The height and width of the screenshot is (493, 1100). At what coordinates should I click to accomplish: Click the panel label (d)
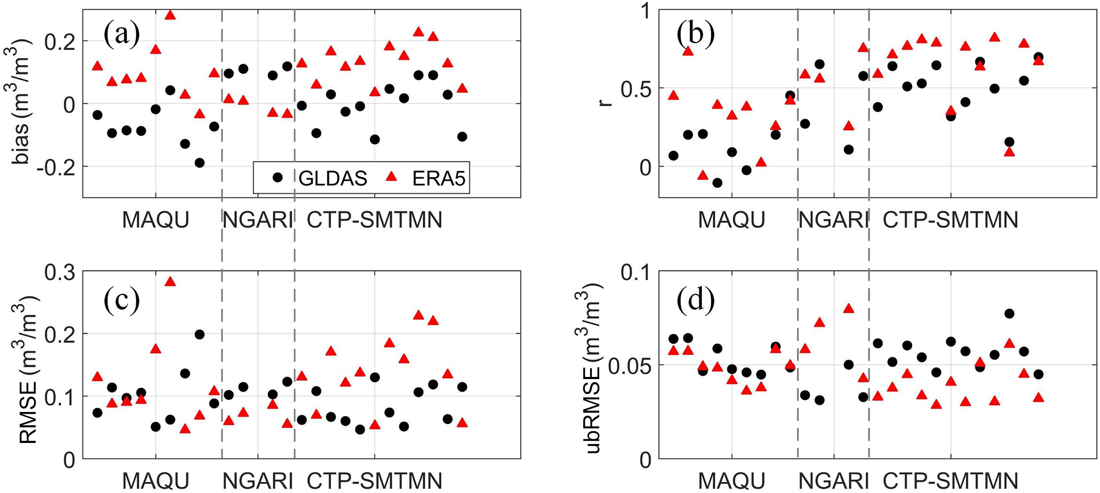coord(696,300)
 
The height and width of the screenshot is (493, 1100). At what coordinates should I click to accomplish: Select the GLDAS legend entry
coord(319,178)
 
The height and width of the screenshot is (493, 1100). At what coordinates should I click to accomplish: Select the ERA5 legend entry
coord(426,178)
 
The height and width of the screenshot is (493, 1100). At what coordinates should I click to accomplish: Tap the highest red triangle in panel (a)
coord(170,15)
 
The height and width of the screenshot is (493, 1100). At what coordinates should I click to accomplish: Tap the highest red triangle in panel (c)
coord(170,281)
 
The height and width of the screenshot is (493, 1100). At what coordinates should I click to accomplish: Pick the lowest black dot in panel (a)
coord(200,163)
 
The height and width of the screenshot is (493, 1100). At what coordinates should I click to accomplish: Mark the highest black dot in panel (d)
coord(1009,314)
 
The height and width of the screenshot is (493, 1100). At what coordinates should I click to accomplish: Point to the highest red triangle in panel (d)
coord(848,308)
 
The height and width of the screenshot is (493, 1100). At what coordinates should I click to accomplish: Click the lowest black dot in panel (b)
coord(717,183)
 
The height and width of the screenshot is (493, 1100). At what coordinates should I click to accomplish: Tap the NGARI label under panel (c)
coord(258,481)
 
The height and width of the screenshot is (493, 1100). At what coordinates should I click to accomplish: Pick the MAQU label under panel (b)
coord(731,220)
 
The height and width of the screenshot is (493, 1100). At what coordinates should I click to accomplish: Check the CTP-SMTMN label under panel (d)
coord(950,481)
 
